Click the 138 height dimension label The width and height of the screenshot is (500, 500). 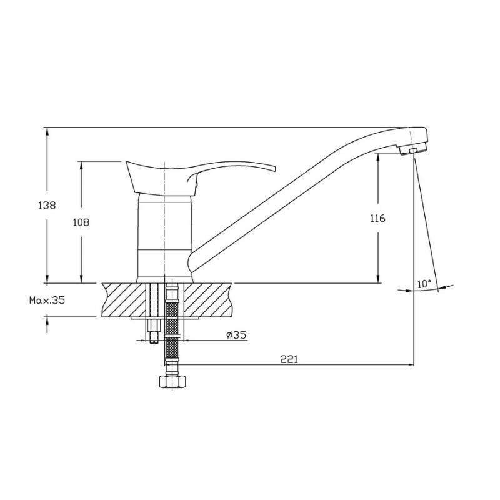pyautogui.click(x=47, y=206)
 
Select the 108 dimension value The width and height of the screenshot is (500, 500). pyautogui.click(x=81, y=222)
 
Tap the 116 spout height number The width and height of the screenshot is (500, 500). pyautogui.click(x=378, y=218)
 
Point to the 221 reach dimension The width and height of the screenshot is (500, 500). pyautogui.click(x=289, y=359)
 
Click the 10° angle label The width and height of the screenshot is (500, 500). pyautogui.click(x=424, y=284)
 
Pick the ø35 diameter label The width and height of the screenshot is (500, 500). pyautogui.click(x=236, y=335)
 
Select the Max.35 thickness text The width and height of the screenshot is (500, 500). pyautogui.click(x=47, y=300)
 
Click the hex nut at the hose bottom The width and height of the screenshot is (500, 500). pyautogui.click(x=172, y=381)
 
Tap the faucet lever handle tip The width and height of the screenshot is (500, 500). pyautogui.click(x=273, y=168)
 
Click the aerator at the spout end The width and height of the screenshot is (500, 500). pyautogui.click(x=414, y=150)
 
